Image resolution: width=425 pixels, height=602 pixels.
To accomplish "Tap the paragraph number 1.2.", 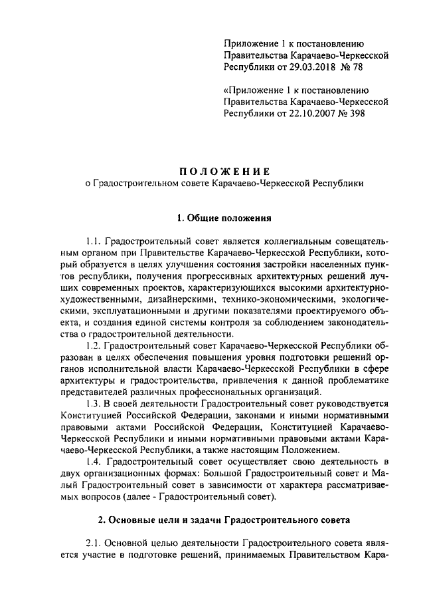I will (x=95, y=346).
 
